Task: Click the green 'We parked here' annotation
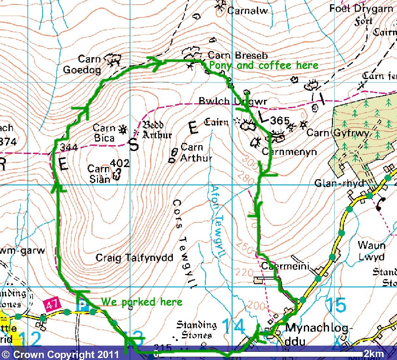[x=141, y=301]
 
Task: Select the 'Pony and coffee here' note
[x=263, y=65]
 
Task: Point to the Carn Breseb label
[x=238, y=55]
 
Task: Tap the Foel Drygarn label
[x=361, y=9]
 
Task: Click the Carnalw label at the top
[x=247, y=10]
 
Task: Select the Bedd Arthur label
[x=157, y=130]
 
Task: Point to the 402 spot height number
[x=120, y=163]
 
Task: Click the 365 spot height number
[x=280, y=121]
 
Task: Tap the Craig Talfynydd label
[x=134, y=258]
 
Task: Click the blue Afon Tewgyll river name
[x=217, y=222]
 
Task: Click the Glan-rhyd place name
[x=339, y=183]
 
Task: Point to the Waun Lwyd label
[x=372, y=251]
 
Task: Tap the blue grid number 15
[x=336, y=305]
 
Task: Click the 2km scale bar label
[x=374, y=354]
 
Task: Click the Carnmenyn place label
[x=289, y=152]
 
